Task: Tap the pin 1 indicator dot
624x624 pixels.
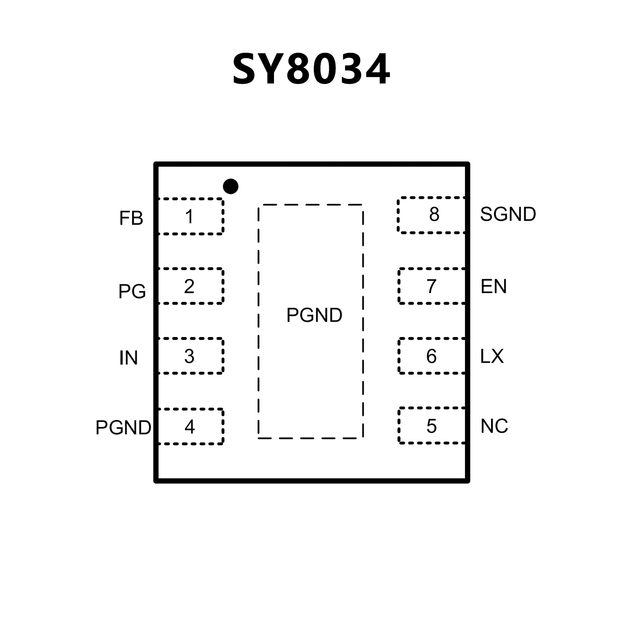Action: click(x=230, y=187)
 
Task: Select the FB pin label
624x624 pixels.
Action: click(x=131, y=219)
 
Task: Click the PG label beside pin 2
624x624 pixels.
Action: click(x=132, y=291)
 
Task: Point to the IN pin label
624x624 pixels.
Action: click(x=128, y=358)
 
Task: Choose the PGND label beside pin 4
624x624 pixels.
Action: click(x=123, y=428)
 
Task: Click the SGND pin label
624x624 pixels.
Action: click(x=508, y=214)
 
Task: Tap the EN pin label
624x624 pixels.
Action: click(x=494, y=287)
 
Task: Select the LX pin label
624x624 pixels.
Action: click(x=492, y=357)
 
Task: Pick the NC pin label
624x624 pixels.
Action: click(x=494, y=426)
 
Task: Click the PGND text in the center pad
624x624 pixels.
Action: click(x=314, y=315)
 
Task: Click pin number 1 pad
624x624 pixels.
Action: click(x=190, y=216)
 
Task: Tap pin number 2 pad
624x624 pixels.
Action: click(x=190, y=286)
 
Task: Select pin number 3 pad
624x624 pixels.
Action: click(x=190, y=356)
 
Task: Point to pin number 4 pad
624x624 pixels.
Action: click(x=190, y=426)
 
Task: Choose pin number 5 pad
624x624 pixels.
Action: click(x=432, y=426)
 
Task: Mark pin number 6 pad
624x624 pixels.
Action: click(x=432, y=356)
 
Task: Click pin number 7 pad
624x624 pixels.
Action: click(x=432, y=286)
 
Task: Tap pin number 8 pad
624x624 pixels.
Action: click(x=432, y=215)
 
